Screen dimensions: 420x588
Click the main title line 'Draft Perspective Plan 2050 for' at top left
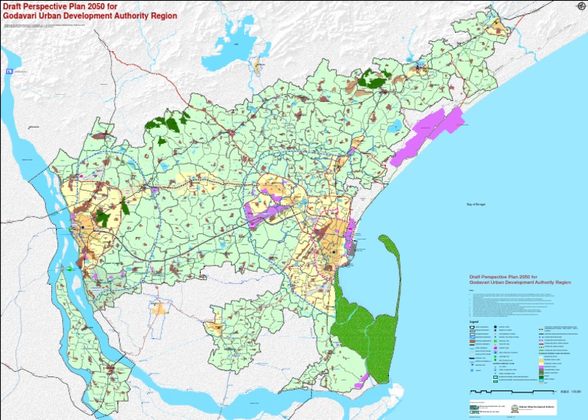point(52,6)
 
